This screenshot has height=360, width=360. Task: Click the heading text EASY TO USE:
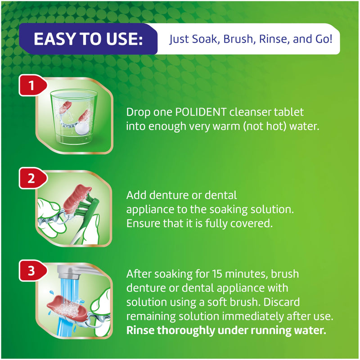point(88,39)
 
